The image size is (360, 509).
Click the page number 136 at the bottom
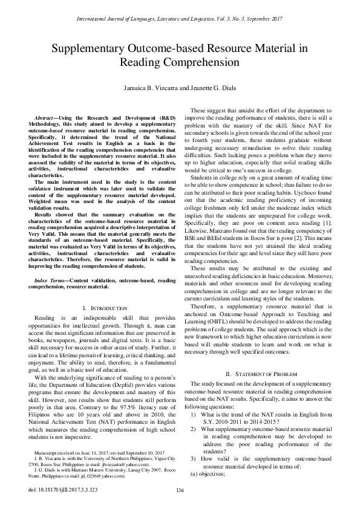click(180, 490)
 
